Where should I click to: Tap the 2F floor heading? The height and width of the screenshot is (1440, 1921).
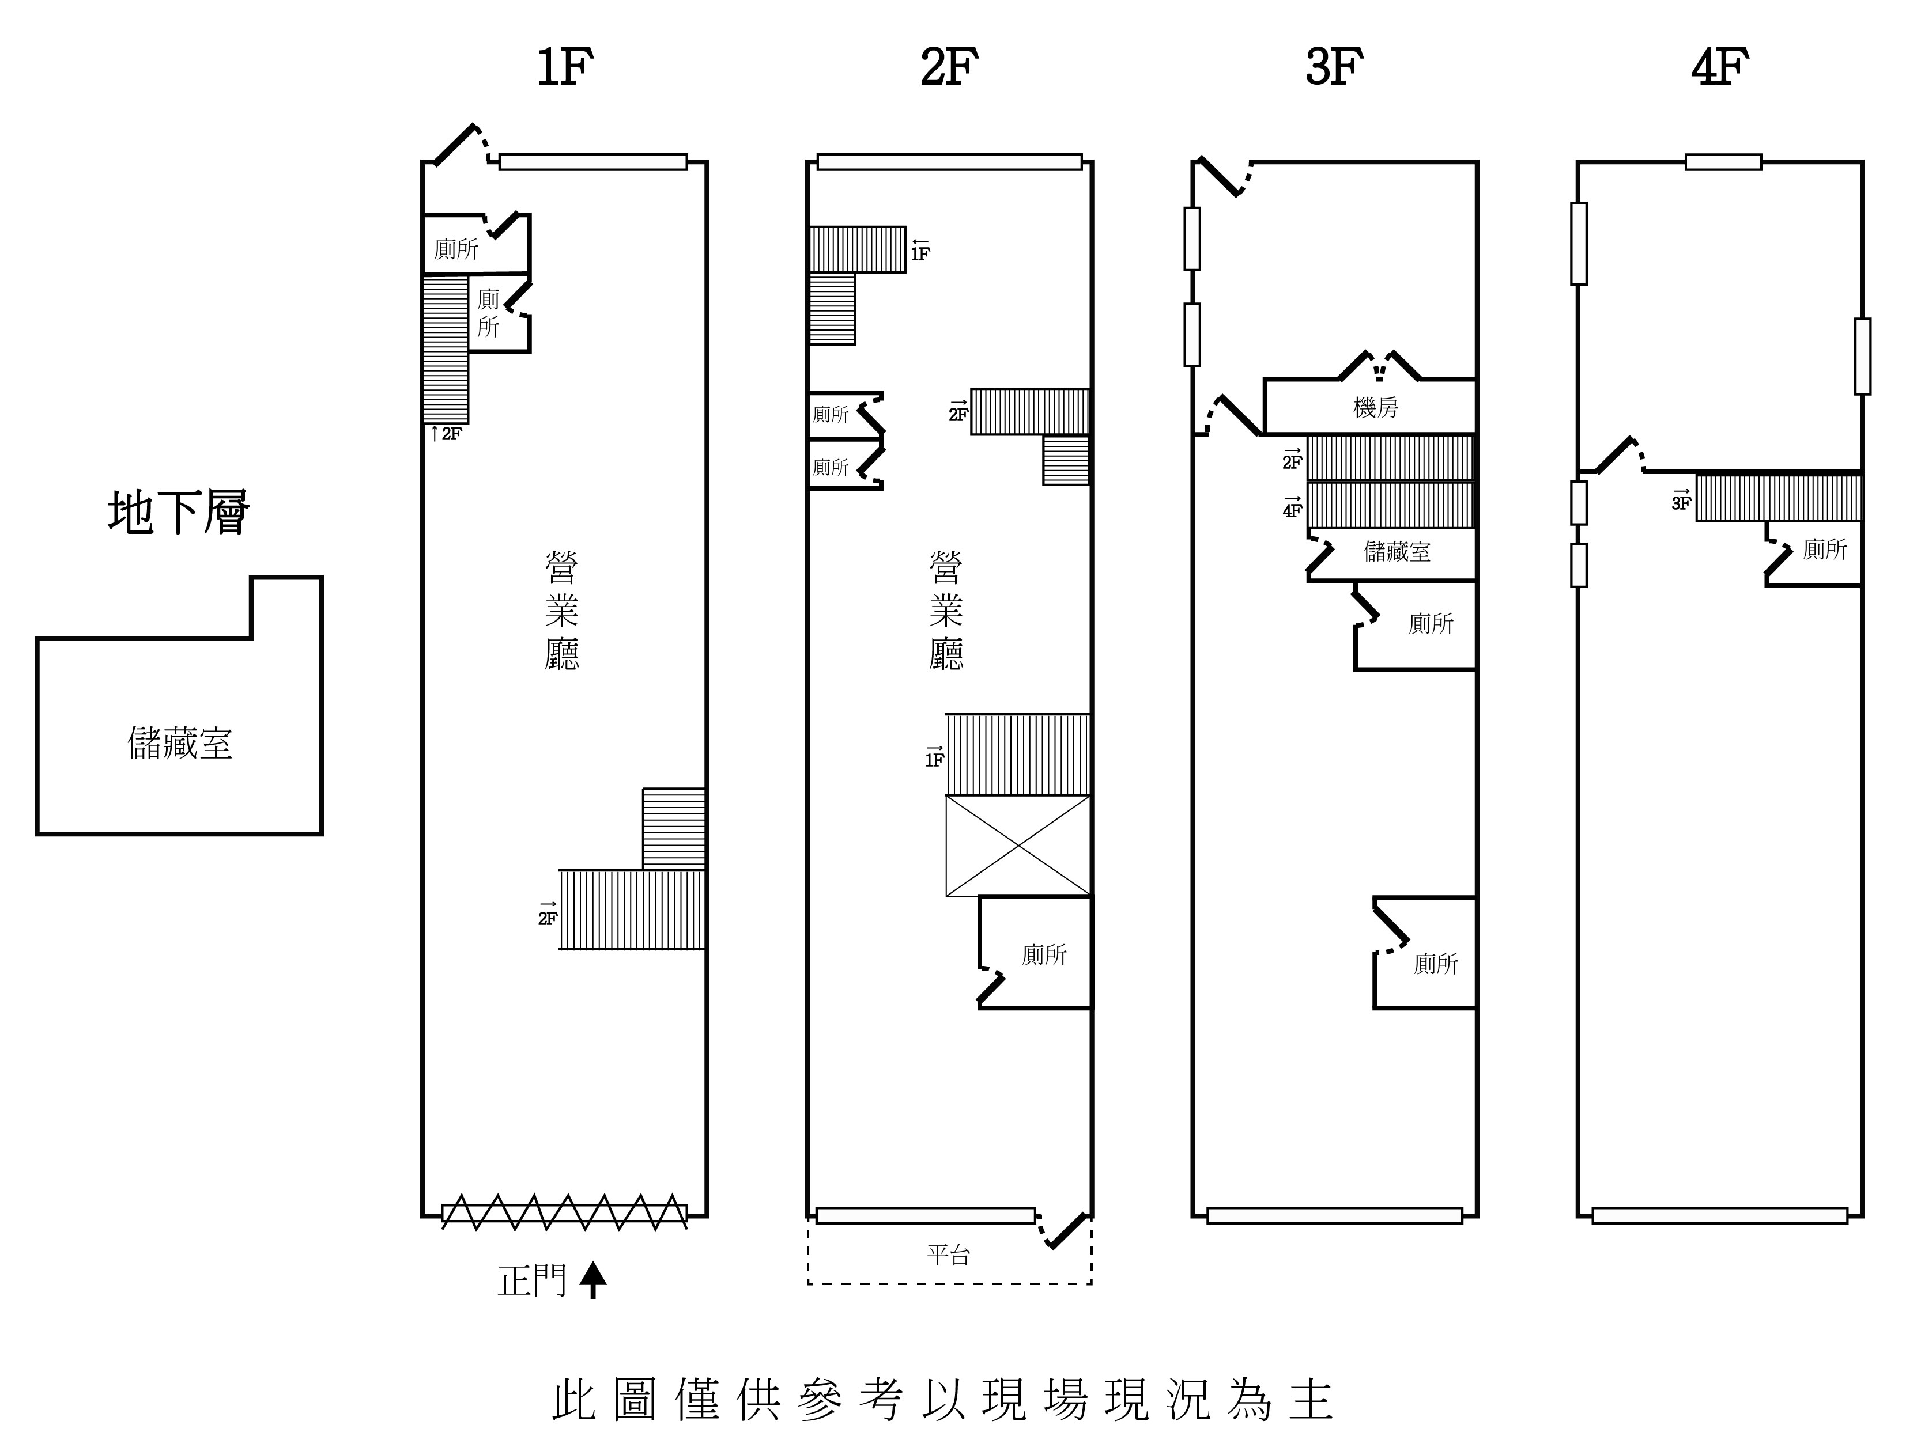click(x=949, y=68)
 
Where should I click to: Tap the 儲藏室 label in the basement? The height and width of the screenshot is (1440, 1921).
click(x=180, y=744)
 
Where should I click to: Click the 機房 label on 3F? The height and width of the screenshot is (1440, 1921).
click(x=1376, y=407)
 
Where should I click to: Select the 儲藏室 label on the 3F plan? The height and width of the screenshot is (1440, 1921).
click(x=1397, y=551)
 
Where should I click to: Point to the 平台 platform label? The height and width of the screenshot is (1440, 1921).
click(x=948, y=1255)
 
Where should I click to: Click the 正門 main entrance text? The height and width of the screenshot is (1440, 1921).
click(x=531, y=1280)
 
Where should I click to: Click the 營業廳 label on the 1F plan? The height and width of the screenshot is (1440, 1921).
click(x=562, y=611)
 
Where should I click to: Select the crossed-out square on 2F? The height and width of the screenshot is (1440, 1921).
click(x=1018, y=846)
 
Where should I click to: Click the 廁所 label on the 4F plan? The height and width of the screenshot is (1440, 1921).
click(x=1825, y=548)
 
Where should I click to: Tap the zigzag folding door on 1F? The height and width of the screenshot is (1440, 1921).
click(x=564, y=1212)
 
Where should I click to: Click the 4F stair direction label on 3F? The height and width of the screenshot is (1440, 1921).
click(x=1292, y=508)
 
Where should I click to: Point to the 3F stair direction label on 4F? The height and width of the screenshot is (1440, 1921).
click(x=1681, y=500)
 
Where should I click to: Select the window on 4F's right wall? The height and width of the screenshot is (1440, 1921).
click(x=1862, y=356)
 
